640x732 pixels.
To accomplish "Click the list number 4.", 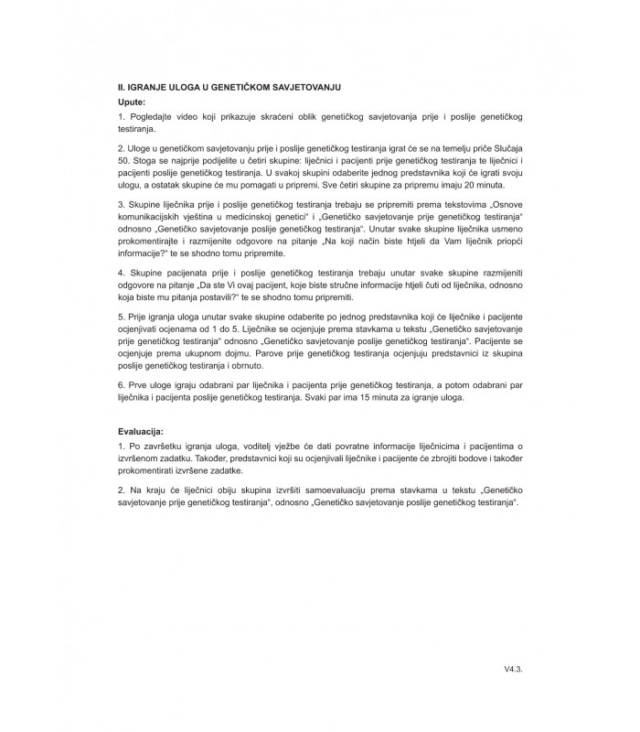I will [x=121, y=273].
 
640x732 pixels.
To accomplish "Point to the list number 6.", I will [x=121, y=384].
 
